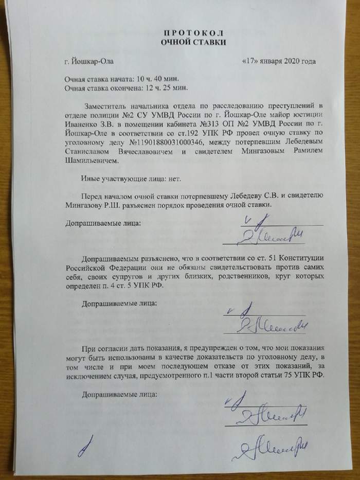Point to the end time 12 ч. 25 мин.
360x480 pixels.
159,87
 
